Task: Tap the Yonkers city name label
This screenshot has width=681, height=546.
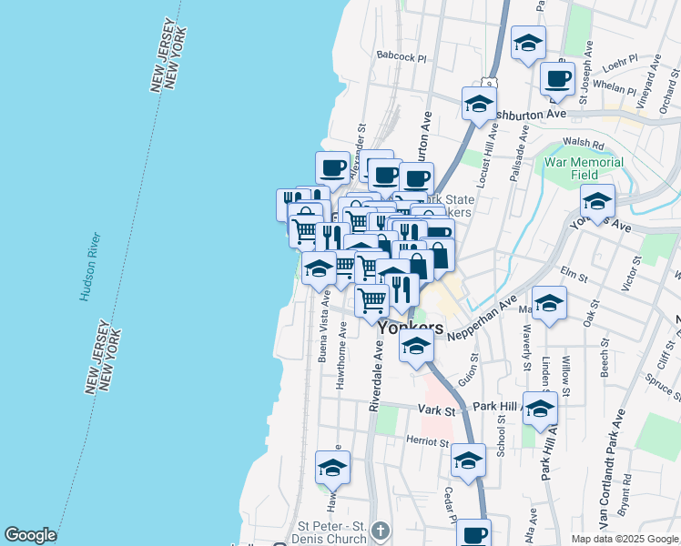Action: click(411, 329)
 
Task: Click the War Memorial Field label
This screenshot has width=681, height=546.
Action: click(584, 168)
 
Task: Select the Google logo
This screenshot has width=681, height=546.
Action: click(30, 535)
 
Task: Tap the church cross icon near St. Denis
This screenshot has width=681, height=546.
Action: click(381, 529)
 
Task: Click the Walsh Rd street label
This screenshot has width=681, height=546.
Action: click(584, 144)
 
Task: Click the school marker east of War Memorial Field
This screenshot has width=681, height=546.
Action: click(597, 201)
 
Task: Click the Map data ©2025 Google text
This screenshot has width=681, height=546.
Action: click(625, 539)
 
